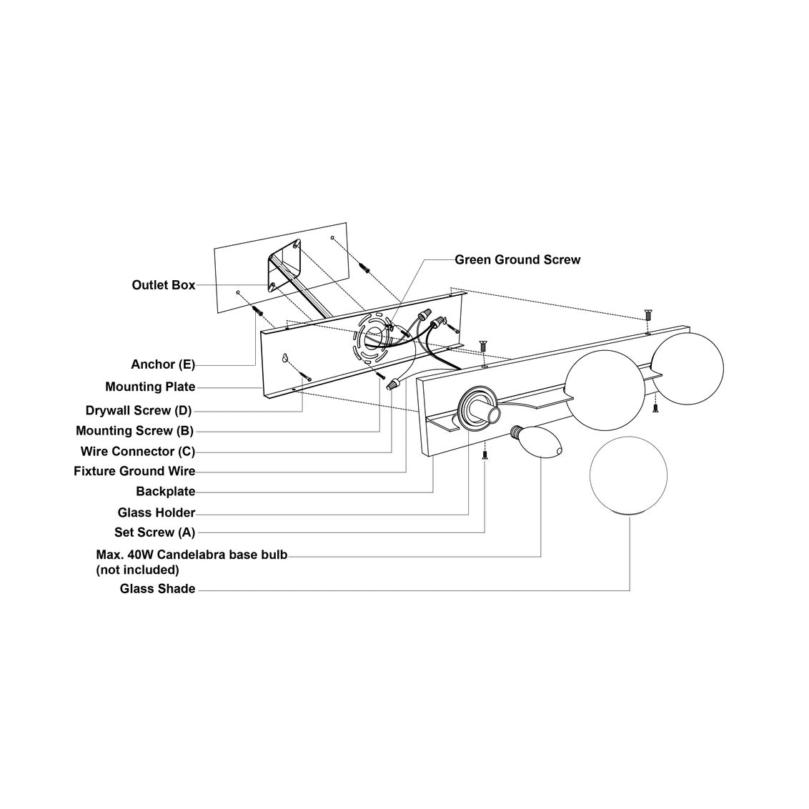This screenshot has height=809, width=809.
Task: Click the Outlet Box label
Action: tap(163, 285)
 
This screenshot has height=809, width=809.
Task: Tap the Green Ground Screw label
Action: tap(517, 259)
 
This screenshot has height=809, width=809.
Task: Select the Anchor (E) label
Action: tap(163, 364)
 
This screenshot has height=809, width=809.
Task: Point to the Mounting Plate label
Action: tap(150, 387)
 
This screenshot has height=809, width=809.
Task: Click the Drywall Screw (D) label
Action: tap(140, 411)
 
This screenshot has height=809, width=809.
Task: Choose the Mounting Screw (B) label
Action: tap(135, 431)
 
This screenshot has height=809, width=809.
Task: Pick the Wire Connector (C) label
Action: tap(137, 452)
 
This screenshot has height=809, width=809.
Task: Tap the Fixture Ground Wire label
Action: tap(134, 471)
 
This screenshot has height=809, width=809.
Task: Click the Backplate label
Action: tap(165, 492)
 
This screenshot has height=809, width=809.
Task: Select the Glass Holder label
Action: tap(157, 512)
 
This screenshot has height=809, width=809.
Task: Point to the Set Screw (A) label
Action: tap(154, 532)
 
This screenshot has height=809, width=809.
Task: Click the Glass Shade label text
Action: tap(157, 590)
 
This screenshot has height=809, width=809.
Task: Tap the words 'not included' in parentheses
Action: tap(137, 570)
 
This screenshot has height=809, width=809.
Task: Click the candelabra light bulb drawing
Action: tap(537, 442)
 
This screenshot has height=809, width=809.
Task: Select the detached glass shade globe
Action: tap(628, 475)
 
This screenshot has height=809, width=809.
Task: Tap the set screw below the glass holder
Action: tap(485, 455)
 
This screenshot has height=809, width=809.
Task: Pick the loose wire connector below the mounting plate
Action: tap(392, 386)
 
